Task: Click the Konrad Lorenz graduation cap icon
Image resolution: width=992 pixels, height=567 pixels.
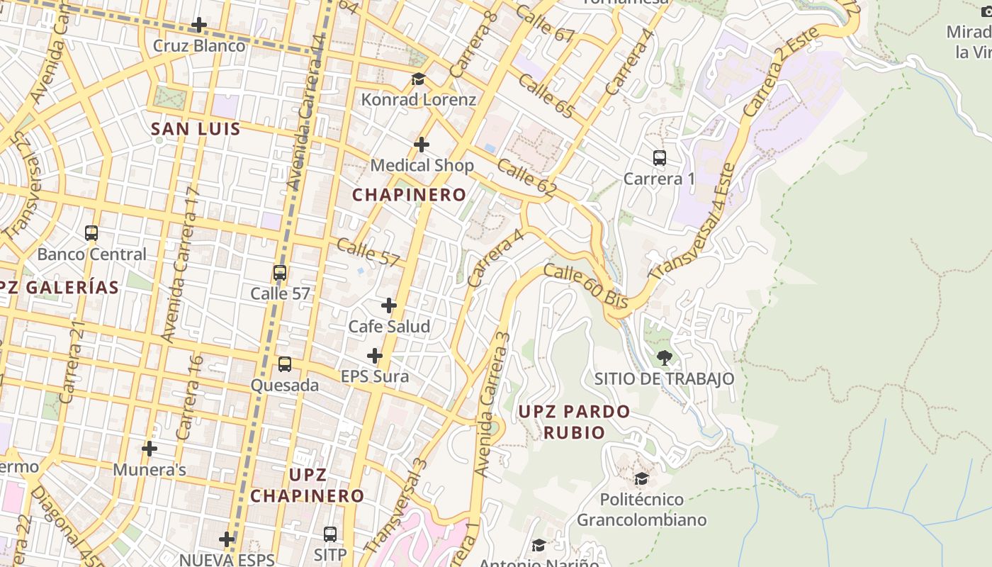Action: click(x=418, y=79)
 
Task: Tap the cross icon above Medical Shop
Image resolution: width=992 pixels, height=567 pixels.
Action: click(x=422, y=145)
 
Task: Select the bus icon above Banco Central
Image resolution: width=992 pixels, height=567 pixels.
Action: click(x=91, y=233)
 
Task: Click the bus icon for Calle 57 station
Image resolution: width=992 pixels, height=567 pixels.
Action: click(x=280, y=273)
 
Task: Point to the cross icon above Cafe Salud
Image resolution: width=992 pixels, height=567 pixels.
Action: click(x=389, y=305)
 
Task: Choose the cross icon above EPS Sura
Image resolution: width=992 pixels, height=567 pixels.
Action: click(x=375, y=356)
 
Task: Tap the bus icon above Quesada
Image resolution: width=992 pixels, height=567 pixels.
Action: click(x=285, y=364)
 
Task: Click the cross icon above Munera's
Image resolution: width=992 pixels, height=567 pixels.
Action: click(x=150, y=449)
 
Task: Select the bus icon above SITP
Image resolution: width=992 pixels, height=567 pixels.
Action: click(x=330, y=534)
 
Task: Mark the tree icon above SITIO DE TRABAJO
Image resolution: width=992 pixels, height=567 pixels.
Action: click(x=664, y=358)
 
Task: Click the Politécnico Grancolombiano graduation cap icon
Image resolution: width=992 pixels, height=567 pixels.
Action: click(x=641, y=479)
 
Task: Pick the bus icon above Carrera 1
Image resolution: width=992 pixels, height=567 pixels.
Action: click(x=660, y=158)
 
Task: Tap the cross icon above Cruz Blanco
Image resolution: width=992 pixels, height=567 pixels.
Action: click(x=199, y=26)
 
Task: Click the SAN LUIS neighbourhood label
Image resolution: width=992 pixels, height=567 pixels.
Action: click(x=196, y=129)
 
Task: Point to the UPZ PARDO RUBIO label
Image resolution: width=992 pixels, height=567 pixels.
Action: click(x=574, y=422)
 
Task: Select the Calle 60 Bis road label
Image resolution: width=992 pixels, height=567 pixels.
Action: click(x=586, y=286)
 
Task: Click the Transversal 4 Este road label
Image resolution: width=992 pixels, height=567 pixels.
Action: click(x=693, y=221)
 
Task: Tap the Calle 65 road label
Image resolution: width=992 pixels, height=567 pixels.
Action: click(x=545, y=96)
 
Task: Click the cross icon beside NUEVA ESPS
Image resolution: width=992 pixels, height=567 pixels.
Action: click(x=227, y=539)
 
